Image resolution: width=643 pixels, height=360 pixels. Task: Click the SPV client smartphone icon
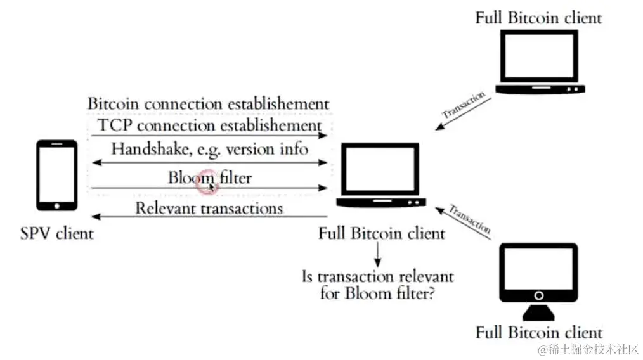pos(56,176)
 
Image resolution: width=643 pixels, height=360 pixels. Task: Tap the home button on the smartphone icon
pos(56,205)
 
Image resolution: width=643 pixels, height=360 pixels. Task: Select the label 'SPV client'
pos(56,233)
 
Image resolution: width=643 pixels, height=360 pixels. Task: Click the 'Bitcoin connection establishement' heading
pos(208,103)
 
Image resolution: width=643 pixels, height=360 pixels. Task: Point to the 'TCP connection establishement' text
pos(210,124)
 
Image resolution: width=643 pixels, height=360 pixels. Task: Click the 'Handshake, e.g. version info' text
pos(210,150)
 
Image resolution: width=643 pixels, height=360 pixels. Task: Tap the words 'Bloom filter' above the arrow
pos(210,177)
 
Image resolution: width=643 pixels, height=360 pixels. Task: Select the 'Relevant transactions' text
pos(210,208)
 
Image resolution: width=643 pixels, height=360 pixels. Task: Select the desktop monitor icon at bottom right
pos(538,280)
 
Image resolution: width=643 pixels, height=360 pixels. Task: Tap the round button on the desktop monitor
pos(538,295)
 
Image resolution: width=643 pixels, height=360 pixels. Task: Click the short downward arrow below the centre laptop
pos(378,255)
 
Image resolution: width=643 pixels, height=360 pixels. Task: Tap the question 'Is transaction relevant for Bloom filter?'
pos(378,285)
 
